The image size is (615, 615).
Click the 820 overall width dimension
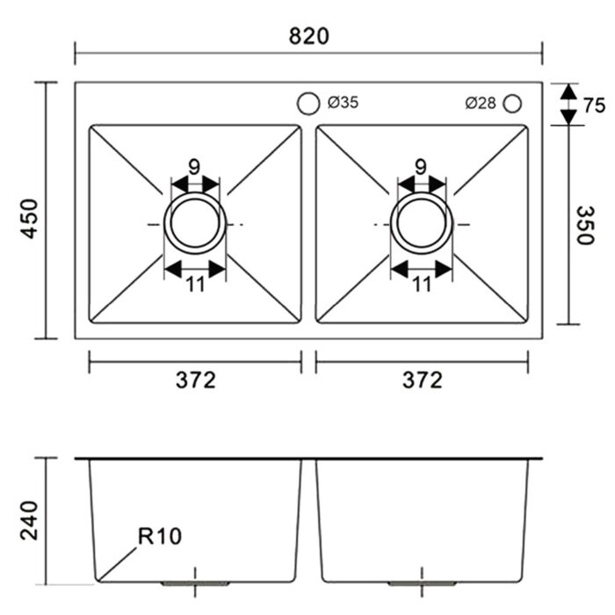coord(308,36)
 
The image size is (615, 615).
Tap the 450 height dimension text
coord(29,219)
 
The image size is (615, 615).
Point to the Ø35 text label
coord(343,103)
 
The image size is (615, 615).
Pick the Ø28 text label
coord(481,103)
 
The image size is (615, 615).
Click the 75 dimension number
coord(594,105)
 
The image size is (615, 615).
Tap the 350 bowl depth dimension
coord(586,225)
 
